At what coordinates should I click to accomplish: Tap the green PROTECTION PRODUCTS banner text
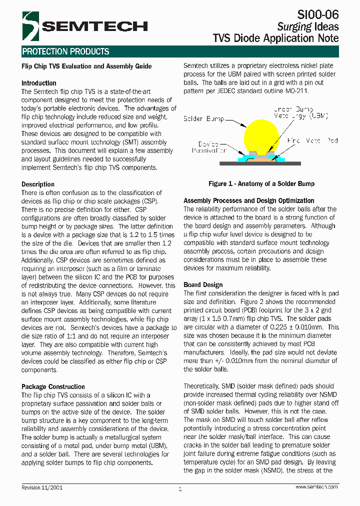pyautogui.click(x=65, y=51)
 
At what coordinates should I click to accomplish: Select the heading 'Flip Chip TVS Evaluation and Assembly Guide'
pyautogui.click(x=86, y=66)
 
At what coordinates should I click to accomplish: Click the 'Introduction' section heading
pyautogui.click(x=39, y=83)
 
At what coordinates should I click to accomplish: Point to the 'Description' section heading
pyautogui.click(x=38, y=184)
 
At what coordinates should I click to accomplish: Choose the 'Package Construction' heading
pyautogui.click(x=53, y=386)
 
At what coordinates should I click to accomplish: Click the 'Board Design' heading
pyautogui.click(x=203, y=284)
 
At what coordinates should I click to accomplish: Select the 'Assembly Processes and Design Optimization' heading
pyautogui.click(x=249, y=200)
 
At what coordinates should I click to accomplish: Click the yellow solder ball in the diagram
pyautogui.click(x=261, y=135)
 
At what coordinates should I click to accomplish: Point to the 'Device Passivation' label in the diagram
pyautogui.click(x=209, y=146)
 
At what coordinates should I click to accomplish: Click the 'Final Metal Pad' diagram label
pyautogui.click(x=312, y=141)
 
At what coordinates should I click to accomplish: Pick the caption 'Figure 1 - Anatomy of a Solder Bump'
pyautogui.click(x=261, y=184)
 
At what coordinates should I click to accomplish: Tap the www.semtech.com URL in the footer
pyautogui.click(x=316, y=486)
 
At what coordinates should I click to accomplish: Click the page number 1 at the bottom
pyautogui.click(x=179, y=489)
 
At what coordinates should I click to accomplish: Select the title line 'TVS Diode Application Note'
pyautogui.click(x=275, y=38)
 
